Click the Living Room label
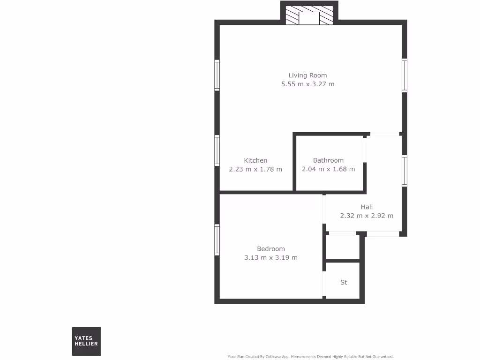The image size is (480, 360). pos(307,75)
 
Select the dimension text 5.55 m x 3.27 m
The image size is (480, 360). pos(307,84)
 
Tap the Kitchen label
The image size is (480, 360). pos(255,160)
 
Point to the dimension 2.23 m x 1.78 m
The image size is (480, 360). pos(255,169)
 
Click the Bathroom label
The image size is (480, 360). pos(328,160)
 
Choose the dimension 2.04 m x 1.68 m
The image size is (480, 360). pos(328,169)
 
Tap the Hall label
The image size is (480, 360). pos(367,207)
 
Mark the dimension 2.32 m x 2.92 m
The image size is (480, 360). pos(367,216)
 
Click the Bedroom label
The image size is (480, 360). pos(271,249)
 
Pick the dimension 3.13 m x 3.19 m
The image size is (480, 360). pos(271,258)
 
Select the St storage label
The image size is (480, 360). pos(344,282)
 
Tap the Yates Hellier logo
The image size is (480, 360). pos(86,341)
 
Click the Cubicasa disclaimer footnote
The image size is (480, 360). pos(310,357)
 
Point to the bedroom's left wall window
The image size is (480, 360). pos(217,240)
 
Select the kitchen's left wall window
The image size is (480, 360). pos(217,150)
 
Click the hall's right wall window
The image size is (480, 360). pos(405,171)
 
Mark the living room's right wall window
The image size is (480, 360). pos(405,75)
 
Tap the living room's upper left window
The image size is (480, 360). pos(217,75)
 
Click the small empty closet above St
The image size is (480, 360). pos(343,247)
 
